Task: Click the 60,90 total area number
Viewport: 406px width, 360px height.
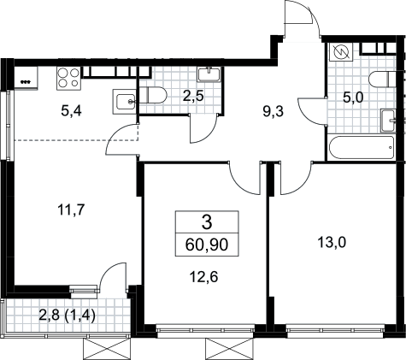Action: [207, 245]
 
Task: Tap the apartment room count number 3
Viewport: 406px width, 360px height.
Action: [207, 222]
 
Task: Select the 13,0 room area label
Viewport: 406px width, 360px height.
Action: [332, 243]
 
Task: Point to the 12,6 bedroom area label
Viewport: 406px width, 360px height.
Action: [204, 276]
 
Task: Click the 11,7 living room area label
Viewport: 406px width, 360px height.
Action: [71, 210]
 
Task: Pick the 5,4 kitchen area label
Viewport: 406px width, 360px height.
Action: [71, 111]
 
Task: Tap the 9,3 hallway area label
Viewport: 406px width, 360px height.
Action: [274, 112]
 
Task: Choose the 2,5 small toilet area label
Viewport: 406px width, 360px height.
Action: [193, 97]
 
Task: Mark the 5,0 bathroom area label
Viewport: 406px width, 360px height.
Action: [353, 97]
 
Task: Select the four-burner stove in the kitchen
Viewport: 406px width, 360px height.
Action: [68, 78]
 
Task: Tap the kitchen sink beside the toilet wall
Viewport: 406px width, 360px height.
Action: [124, 102]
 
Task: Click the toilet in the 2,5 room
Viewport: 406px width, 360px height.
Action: [152, 95]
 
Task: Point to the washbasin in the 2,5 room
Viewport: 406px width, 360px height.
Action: [209, 74]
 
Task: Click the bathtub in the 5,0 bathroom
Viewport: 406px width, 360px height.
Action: [361, 148]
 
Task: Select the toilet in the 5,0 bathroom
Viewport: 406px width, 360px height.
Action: [382, 80]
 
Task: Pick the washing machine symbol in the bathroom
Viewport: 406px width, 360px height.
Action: [341, 52]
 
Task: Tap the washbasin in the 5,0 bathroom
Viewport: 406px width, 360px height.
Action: [388, 121]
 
